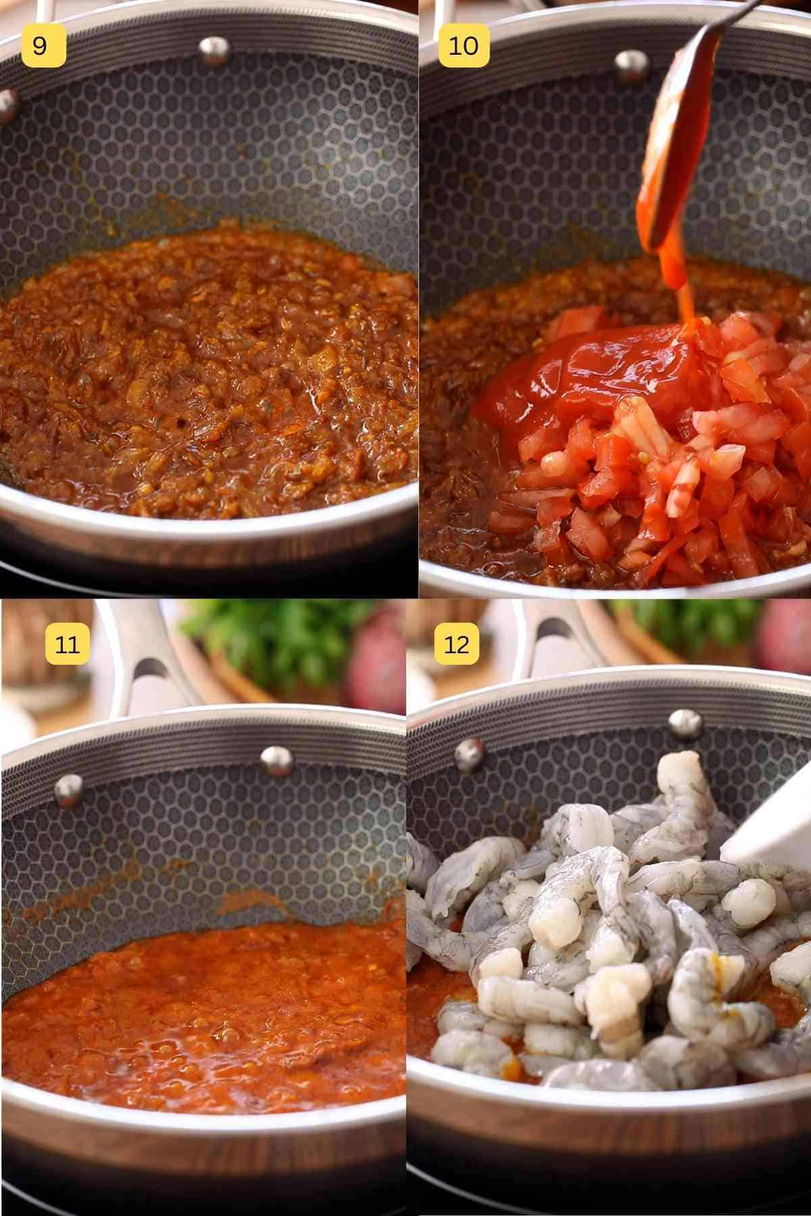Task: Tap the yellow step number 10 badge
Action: (x=463, y=45)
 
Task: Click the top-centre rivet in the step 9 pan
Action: (x=214, y=49)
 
